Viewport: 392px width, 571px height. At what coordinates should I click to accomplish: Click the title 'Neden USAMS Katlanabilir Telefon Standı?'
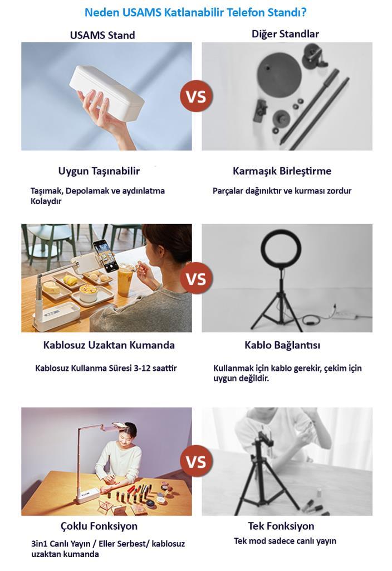coord(195,13)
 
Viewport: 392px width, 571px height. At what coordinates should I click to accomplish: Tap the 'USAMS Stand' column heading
coord(102,35)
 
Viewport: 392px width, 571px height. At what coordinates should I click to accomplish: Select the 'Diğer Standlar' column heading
coord(285,34)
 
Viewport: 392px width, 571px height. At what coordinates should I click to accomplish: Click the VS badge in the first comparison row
coord(196,96)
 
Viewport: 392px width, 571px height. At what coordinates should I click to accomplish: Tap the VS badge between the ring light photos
coord(196,279)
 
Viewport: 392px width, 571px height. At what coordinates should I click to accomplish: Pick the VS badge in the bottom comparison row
coord(196,461)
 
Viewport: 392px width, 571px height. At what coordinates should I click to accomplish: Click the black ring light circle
coord(281,251)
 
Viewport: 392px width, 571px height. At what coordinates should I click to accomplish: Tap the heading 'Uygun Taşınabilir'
coord(99,171)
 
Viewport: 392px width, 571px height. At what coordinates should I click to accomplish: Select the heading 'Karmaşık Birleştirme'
coord(282,171)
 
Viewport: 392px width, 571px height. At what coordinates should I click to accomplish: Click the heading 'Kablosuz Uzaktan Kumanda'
coord(109,345)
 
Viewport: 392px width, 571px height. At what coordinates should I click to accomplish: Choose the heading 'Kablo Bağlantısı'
coord(282,345)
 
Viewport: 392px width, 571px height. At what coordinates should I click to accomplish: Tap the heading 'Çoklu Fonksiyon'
coord(99,526)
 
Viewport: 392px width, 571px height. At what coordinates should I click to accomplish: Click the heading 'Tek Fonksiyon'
coord(281,526)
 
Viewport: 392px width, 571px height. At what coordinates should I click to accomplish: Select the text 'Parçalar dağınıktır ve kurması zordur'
coord(282,191)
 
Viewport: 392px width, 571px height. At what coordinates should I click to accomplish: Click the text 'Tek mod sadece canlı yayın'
coord(285,541)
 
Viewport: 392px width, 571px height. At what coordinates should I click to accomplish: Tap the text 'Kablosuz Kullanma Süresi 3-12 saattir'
coord(106,368)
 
